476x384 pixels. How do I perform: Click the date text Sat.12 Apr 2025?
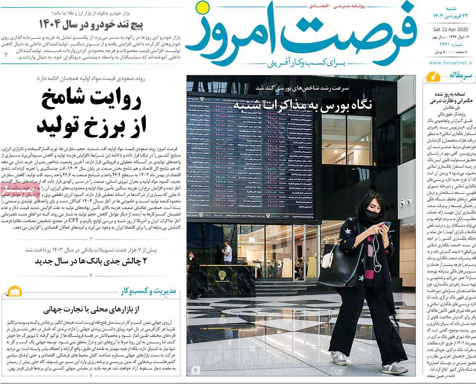pos(452,29)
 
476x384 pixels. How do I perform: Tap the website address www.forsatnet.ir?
pos(451,62)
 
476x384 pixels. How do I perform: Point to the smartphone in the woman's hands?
pos(386,225)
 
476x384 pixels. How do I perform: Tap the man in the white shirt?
pos(227,252)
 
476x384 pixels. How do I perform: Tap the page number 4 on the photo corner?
pos(195,371)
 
